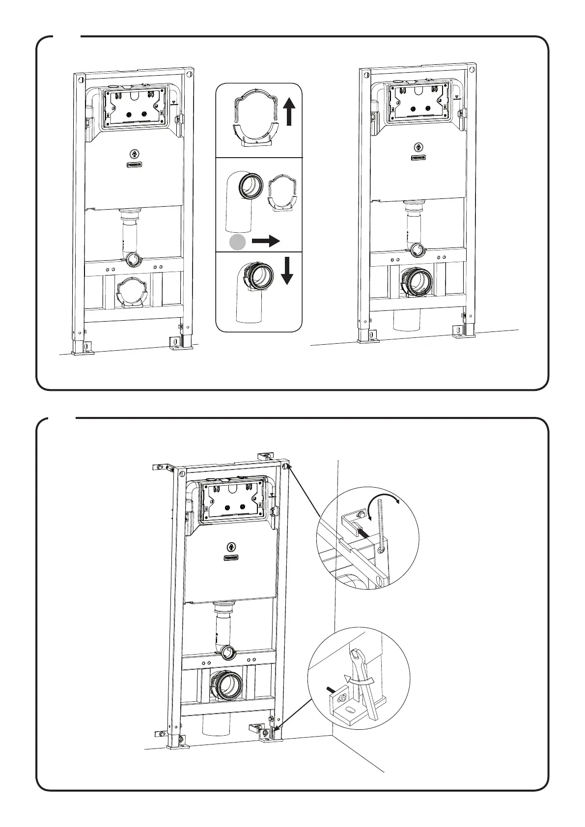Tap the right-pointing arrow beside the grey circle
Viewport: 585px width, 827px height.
tap(266, 241)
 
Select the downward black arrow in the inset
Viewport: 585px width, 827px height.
tap(287, 272)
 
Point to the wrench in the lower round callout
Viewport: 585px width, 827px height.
tap(363, 683)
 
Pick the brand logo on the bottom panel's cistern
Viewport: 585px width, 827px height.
tap(231, 558)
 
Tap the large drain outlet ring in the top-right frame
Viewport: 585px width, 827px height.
tap(418, 282)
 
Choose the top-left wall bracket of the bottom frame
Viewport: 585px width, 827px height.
tap(164, 467)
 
